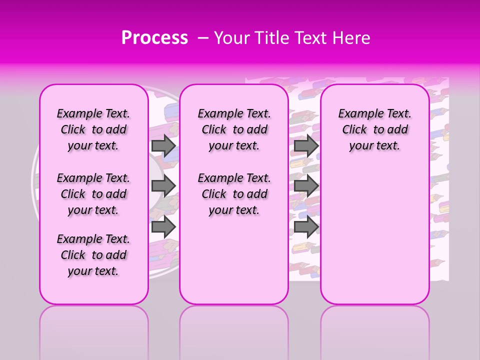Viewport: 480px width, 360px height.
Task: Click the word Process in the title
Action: pos(154,38)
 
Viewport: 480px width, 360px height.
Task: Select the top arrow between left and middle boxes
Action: pos(163,145)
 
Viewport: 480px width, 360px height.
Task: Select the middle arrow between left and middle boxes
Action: pos(163,186)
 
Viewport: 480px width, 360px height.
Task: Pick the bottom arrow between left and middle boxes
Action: pos(163,226)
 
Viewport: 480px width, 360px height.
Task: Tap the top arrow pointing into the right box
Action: pos(306,145)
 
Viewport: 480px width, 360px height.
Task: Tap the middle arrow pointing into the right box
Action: pos(306,186)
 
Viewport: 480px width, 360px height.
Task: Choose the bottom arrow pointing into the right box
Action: pos(306,226)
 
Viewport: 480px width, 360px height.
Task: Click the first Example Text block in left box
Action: pos(93,129)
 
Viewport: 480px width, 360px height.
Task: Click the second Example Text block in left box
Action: pos(93,194)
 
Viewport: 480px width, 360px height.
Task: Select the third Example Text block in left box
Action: pos(93,255)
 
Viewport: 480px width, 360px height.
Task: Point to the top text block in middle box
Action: pos(234,129)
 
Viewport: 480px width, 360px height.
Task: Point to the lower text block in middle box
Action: pos(234,194)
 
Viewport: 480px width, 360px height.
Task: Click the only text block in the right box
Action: pos(374,129)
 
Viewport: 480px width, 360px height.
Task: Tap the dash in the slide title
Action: pos(202,38)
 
